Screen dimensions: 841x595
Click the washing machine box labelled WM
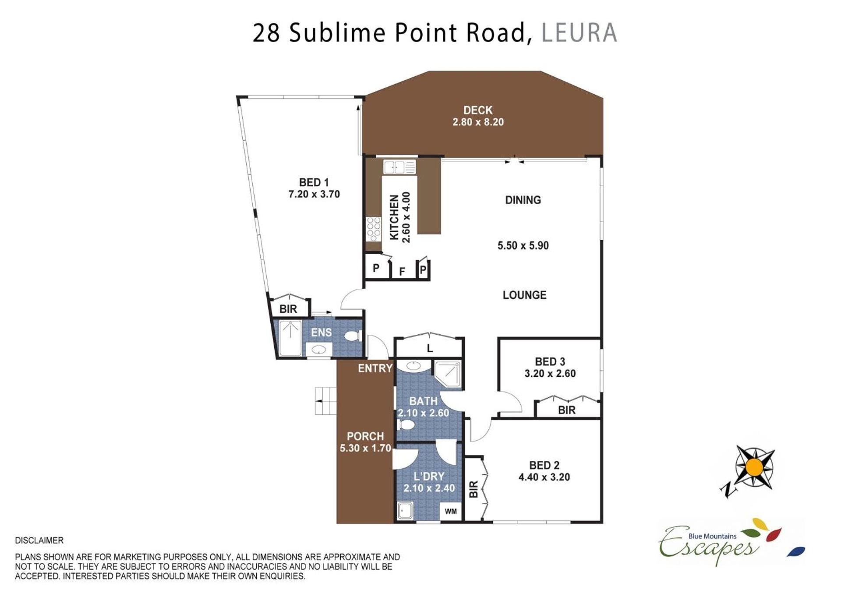[451, 511]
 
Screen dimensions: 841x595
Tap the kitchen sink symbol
[399, 167]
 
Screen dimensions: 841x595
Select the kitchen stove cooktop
[374, 229]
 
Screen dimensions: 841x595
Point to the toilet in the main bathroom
[406, 425]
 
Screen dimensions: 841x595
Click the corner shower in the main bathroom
[447, 374]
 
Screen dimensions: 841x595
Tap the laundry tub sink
[405, 511]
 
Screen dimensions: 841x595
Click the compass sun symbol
[754, 467]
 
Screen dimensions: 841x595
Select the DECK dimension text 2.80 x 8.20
[478, 122]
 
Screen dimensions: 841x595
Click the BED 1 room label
[314, 182]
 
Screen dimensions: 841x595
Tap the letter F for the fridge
[402, 272]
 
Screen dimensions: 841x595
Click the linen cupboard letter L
[430, 349]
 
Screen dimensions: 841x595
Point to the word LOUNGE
[524, 295]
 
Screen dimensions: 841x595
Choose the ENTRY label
[375, 368]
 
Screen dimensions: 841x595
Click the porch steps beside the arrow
[325, 400]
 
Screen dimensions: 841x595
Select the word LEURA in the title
[579, 33]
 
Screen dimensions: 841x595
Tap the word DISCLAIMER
[39, 541]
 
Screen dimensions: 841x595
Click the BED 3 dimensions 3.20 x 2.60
[550, 374]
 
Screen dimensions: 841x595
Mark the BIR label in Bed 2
[474, 489]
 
